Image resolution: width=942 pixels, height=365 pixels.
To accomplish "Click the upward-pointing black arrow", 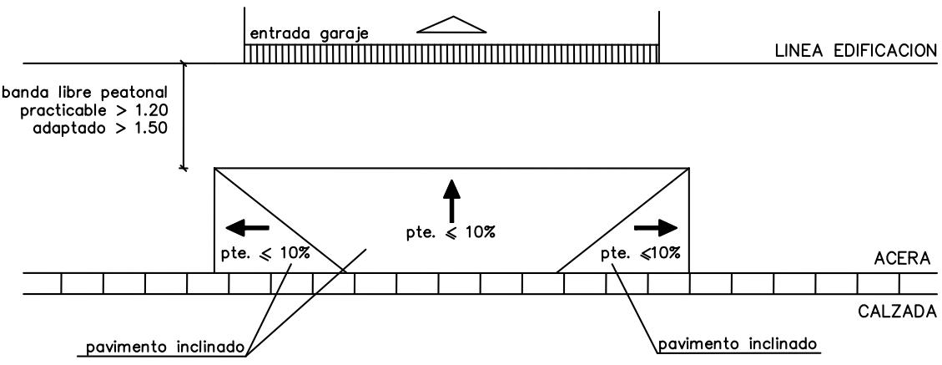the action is (x=451, y=201).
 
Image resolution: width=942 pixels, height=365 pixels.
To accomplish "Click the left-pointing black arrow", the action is (x=247, y=227).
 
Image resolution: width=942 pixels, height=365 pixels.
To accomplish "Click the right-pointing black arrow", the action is (x=656, y=227).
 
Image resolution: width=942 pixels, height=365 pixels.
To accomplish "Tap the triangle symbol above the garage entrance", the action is (x=451, y=24).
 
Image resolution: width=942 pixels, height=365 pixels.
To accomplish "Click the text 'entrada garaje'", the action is (x=309, y=33).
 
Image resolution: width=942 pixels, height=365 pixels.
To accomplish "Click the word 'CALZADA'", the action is (x=897, y=312).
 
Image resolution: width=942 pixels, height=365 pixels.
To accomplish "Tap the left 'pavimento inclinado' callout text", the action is (x=164, y=347).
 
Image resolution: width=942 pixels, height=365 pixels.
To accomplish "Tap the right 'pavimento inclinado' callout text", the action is (x=738, y=345).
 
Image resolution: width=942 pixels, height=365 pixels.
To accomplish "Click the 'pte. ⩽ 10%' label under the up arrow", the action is (x=451, y=233).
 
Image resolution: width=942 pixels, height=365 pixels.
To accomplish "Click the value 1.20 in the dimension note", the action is (x=147, y=110).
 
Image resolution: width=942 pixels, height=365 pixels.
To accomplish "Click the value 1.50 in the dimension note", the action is (x=147, y=128).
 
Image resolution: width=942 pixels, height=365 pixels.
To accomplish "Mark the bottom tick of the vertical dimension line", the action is (x=184, y=168).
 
